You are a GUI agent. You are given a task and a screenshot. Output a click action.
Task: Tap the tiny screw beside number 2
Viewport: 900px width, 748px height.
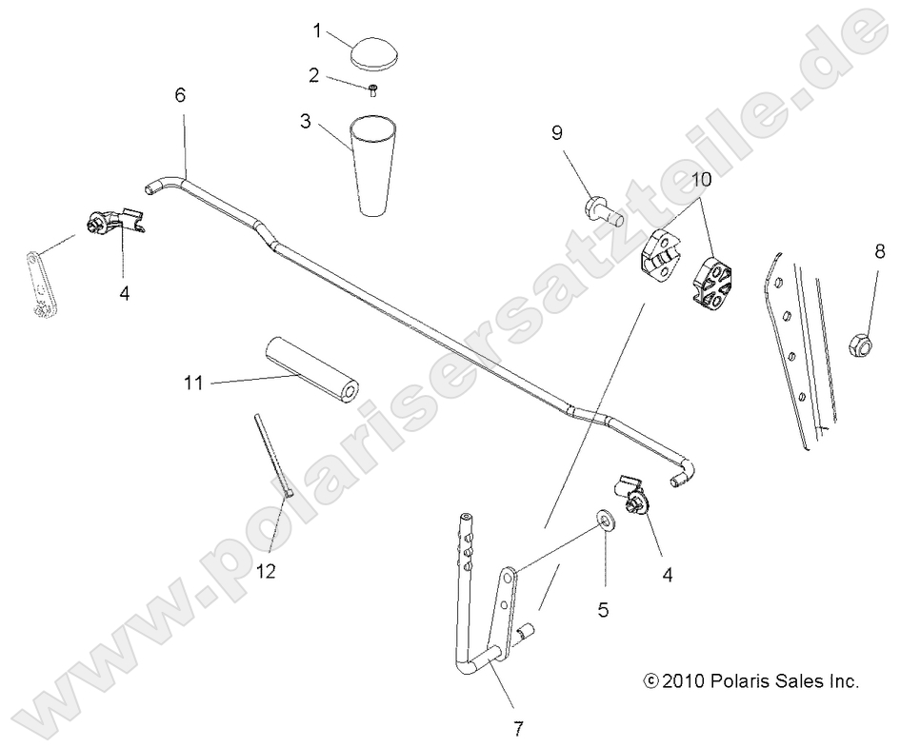click(373, 90)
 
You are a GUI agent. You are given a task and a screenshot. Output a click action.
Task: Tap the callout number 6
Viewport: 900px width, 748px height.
click(181, 95)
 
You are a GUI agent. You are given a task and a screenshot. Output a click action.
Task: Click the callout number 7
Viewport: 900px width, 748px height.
click(518, 729)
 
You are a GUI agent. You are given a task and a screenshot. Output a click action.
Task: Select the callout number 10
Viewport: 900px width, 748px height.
click(701, 179)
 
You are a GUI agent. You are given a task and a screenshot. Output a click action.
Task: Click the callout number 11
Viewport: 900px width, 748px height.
click(194, 384)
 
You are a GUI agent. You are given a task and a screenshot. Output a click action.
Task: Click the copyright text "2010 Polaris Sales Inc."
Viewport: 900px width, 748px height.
click(751, 681)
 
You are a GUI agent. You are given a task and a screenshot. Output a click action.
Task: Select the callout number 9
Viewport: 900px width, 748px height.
click(558, 134)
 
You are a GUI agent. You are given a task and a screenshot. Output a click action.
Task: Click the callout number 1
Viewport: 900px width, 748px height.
click(317, 30)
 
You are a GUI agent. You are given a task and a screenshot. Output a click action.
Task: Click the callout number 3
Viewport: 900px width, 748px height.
click(306, 121)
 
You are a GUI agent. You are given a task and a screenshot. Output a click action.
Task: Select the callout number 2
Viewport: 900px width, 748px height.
click(315, 74)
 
